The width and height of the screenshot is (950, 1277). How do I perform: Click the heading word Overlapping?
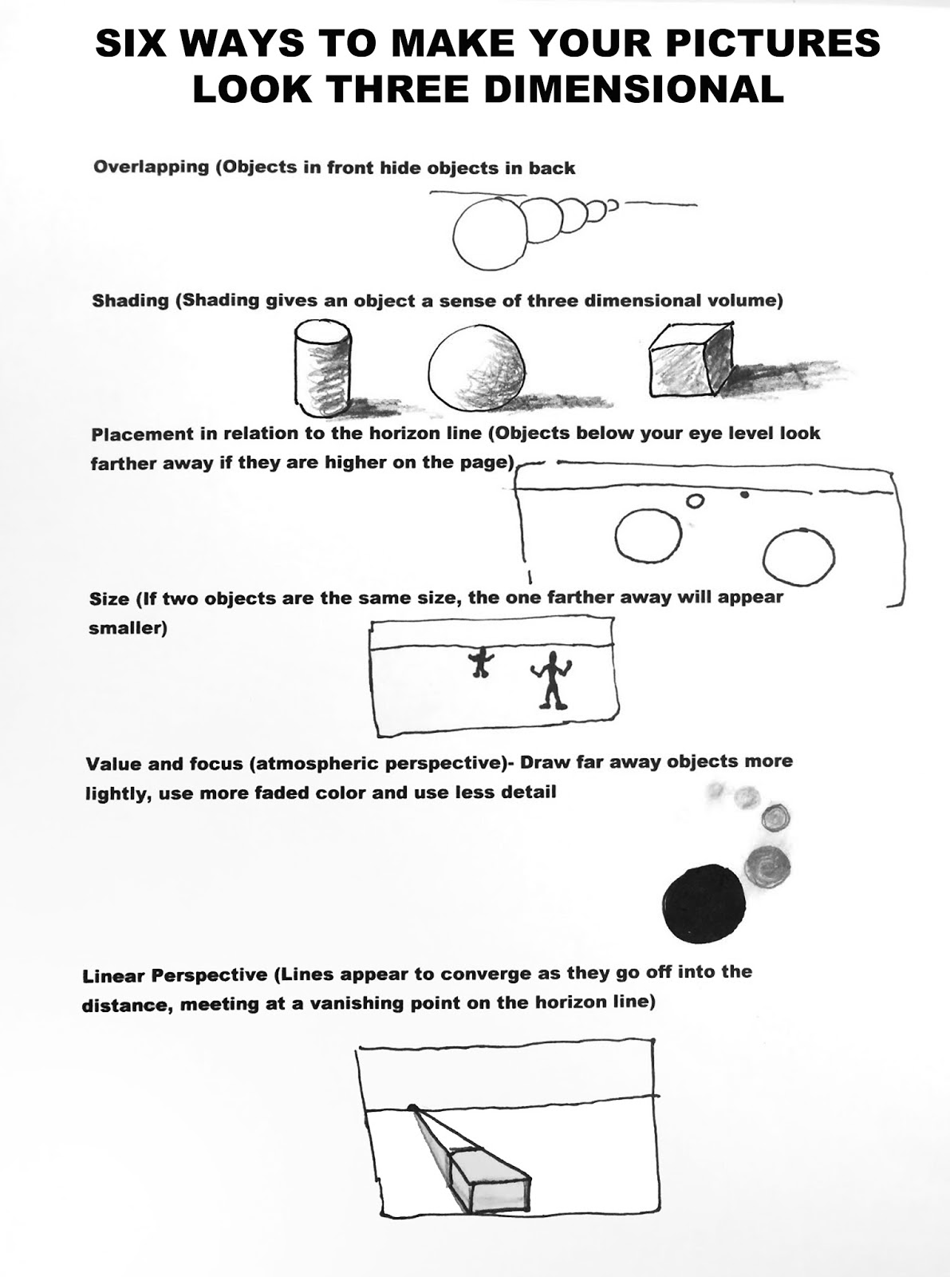click(151, 168)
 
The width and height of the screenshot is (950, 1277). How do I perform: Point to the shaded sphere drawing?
click(477, 368)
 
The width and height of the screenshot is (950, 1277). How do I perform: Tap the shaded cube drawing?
click(691, 362)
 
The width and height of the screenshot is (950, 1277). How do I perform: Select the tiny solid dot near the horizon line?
click(744, 495)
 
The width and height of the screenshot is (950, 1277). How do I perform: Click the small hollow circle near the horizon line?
click(696, 501)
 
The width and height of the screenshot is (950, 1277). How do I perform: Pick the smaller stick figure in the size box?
click(480, 662)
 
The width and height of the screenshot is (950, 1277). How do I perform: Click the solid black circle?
click(704, 903)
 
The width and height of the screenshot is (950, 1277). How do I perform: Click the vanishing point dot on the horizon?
click(412, 1107)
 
